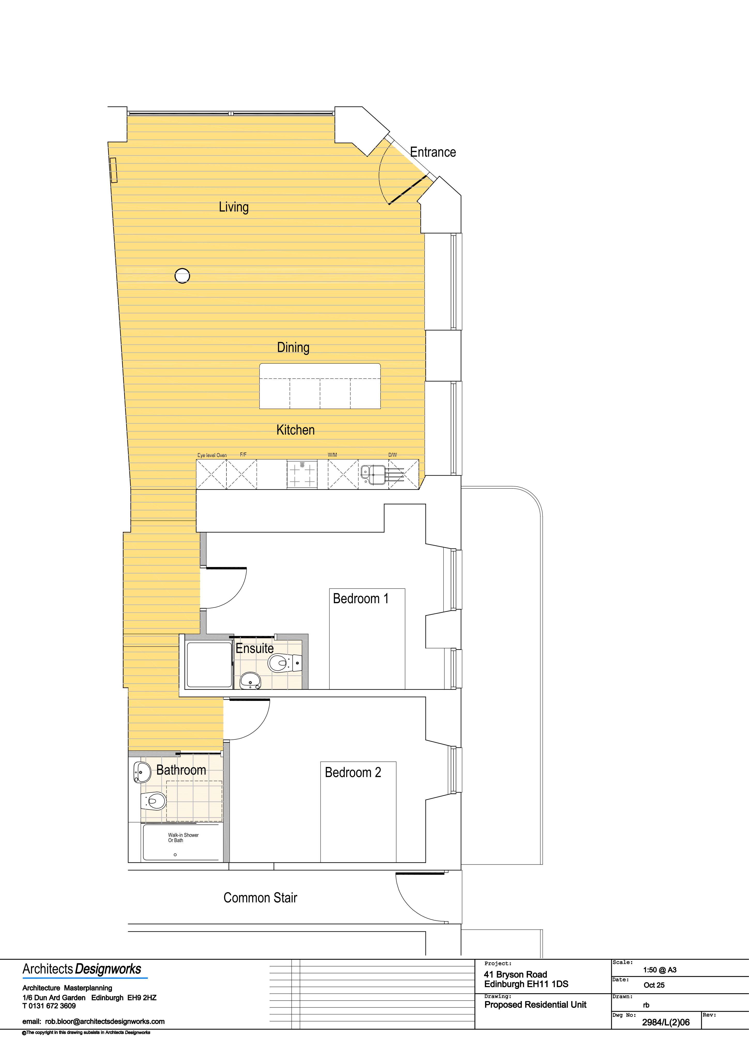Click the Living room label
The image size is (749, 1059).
[x=233, y=207]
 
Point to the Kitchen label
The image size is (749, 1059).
[x=295, y=430]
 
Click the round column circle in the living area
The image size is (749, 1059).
[x=182, y=276]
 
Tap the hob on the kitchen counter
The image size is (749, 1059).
[x=302, y=474]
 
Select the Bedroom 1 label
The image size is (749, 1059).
[x=361, y=599]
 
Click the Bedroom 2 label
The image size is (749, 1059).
[x=353, y=773]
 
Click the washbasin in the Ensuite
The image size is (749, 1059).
[x=251, y=680]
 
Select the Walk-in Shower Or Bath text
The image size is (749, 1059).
[x=183, y=838]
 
